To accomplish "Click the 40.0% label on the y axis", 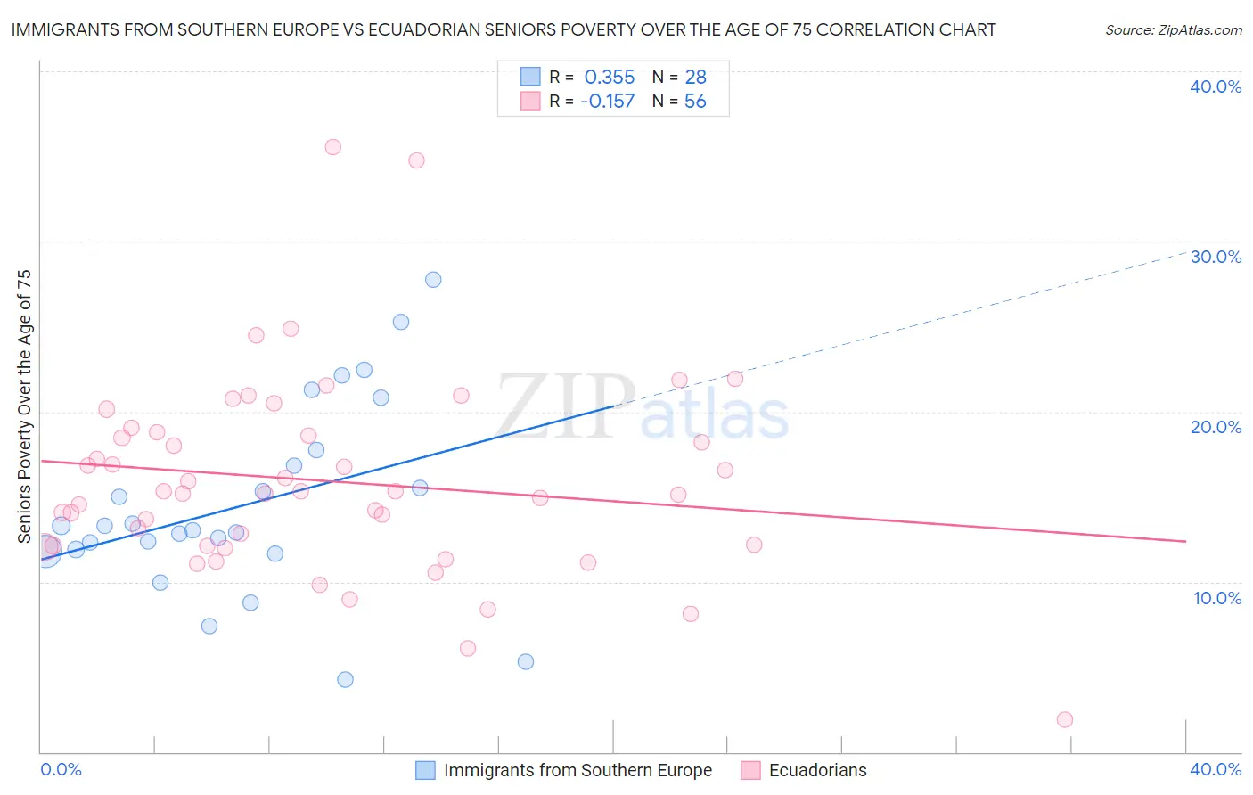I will pos(1216,86).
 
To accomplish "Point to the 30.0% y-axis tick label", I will pos(1216,257).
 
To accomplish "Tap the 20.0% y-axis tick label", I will pos(1216,427).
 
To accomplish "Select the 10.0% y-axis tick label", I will pos(1217,598).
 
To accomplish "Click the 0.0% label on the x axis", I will pos(61,769).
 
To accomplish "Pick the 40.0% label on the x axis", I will pos(1216,769).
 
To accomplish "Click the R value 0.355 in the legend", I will pos(609,78).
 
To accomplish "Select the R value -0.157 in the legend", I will pos(607,102).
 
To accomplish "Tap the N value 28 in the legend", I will pos(695,78).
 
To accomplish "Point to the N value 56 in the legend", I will pos(695,102).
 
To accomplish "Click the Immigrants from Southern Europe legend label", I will pos(577,771).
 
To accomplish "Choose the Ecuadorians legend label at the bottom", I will pos(817,771).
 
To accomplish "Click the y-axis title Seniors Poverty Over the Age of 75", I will pos(25,406).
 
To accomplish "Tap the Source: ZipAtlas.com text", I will pos(1173,30).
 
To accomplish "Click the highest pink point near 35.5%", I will pos(332,147).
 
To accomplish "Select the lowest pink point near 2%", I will pos(1064,719).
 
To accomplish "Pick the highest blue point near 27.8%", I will pos(433,280).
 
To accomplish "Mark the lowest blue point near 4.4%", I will pos(345,679).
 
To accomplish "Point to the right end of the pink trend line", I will pos(1185,541).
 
